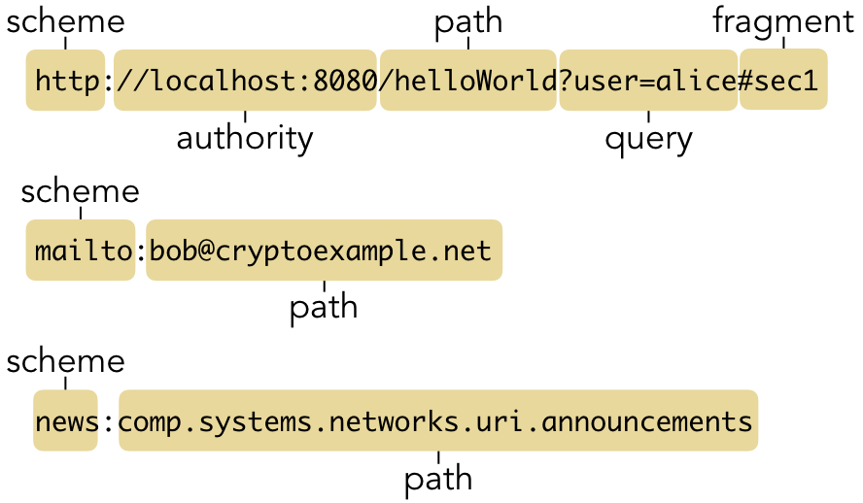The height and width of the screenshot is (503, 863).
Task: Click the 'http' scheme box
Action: click(x=65, y=81)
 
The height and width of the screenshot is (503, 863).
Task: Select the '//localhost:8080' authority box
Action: click(x=245, y=81)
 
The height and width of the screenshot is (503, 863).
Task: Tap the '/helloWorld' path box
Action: click(x=468, y=81)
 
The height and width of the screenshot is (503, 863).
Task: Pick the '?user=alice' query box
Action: click(x=648, y=81)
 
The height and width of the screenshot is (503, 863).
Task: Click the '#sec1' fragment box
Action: click(x=783, y=80)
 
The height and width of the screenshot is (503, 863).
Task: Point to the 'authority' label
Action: click(x=245, y=139)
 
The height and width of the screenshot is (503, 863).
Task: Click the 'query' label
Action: click(x=648, y=140)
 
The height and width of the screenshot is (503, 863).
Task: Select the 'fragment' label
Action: click(x=783, y=22)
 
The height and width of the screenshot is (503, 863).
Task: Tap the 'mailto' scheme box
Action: click(x=81, y=251)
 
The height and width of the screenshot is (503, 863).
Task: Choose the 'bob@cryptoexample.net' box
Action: click(x=325, y=251)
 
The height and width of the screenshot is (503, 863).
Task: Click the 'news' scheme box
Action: click(x=65, y=420)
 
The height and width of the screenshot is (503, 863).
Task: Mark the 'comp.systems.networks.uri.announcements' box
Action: click(x=438, y=420)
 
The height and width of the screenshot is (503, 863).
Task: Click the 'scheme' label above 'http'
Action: click(x=65, y=22)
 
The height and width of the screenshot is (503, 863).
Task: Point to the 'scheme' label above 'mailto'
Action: click(x=81, y=192)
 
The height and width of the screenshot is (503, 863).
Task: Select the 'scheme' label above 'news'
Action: click(x=65, y=362)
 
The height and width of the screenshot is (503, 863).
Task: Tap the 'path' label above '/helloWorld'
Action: click(x=468, y=23)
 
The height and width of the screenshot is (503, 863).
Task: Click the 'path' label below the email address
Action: click(x=324, y=309)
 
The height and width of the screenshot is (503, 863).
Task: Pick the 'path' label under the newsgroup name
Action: click(x=438, y=480)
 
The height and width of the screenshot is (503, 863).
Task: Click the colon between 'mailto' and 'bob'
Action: click(x=141, y=252)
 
